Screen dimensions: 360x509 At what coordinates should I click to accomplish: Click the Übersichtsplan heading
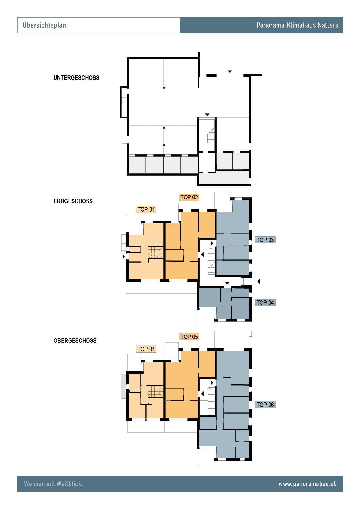point(44,25)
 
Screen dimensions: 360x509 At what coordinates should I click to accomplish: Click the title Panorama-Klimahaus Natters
point(297,25)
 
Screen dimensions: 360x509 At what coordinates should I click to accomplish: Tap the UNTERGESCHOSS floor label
point(76,78)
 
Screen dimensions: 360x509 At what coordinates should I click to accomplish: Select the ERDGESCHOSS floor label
point(73,201)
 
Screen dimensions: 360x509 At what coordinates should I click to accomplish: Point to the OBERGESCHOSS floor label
point(75,341)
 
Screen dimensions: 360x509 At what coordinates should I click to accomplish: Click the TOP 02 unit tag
point(189,197)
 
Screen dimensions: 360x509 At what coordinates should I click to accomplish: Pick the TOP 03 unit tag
point(265,240)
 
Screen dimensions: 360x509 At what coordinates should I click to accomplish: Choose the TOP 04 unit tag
point(265,303)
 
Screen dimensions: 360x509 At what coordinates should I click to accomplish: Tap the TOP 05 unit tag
point(189,337)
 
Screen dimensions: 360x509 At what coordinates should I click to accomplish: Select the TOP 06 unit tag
point(265,405)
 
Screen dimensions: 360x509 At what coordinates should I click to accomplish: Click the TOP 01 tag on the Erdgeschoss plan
point(146,210)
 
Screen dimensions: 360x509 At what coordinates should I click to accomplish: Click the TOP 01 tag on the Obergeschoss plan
point(146,349)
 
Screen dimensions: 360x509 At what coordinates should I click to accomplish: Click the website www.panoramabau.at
point(307,484)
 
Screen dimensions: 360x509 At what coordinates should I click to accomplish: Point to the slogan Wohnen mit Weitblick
point(53,484)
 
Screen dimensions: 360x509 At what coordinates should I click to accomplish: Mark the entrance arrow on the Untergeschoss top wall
point(230,71)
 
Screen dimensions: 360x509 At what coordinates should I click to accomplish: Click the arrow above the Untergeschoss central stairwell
point(207,115)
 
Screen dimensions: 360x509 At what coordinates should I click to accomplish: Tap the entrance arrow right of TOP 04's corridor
point(258,281)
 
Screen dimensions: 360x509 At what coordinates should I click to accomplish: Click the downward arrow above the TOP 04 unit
point(227,283)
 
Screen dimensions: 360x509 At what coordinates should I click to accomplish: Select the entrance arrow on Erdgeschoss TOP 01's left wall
point(124,256)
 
